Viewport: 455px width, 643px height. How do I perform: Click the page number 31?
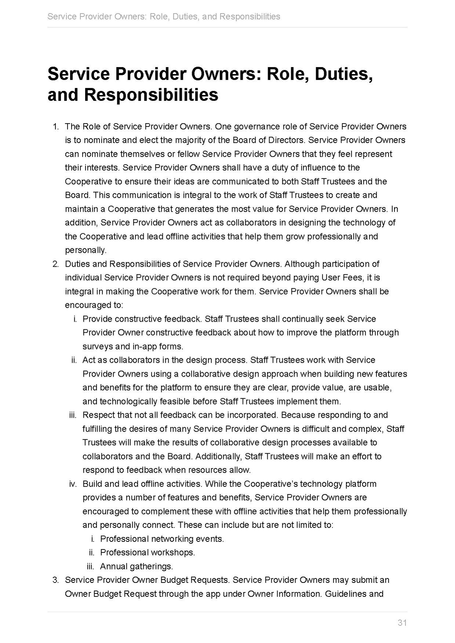point(402,623)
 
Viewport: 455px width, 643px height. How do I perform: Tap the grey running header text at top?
point(164,17)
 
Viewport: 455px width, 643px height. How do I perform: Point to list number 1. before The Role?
point(55,127)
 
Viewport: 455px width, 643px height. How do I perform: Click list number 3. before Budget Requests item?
point(55,580)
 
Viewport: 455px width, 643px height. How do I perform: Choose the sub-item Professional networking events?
point(162,539)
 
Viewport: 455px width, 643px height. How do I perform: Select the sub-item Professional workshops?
point(147,552)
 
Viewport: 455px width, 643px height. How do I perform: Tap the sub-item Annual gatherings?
point(136,566)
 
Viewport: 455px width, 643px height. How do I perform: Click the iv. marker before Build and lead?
point(73,484)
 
